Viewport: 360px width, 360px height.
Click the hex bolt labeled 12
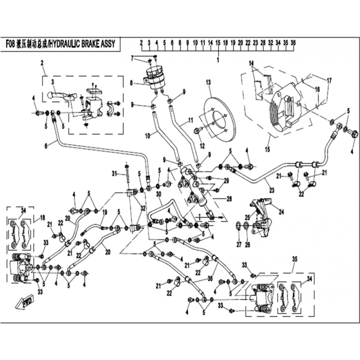coord(197,132)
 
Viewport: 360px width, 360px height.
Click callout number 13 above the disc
coord(208,82)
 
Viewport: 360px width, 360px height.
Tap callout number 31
coord(114,173)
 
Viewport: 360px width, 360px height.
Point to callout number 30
coord(158,194)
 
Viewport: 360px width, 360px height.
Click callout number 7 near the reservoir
coord(133,58)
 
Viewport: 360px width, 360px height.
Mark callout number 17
coord(329,81)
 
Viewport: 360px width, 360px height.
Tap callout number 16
coord(317,89)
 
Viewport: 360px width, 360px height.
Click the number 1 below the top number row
coord(218,59)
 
